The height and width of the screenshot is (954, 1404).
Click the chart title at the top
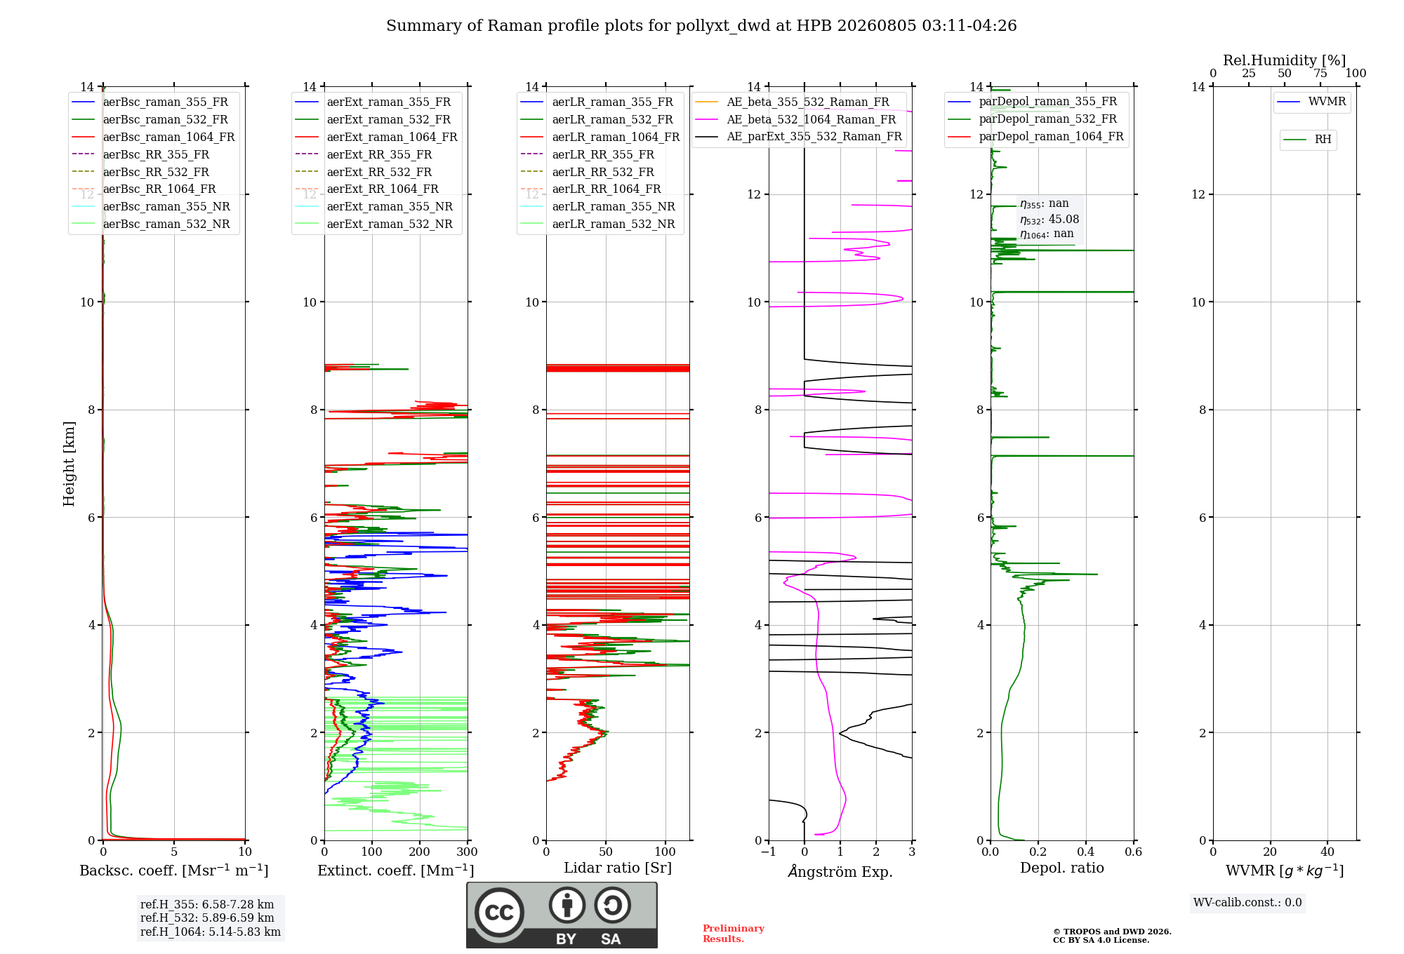click(701, 26)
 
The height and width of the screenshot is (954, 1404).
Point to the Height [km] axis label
click(69, 464)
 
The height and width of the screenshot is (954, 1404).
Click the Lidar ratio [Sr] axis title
click(618, 868)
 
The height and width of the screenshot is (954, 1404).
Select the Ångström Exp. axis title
click(840, 871)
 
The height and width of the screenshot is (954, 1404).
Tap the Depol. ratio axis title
click(1062, 868)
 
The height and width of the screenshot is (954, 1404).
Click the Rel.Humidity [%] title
click(1285, 60)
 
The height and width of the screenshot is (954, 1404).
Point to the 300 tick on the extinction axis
click(468, 852)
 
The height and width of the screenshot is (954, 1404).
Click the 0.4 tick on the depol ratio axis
click(1086, 852)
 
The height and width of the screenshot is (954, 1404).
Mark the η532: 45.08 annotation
click(1049, 220)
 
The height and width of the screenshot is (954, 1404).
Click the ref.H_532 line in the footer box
click(207, 918)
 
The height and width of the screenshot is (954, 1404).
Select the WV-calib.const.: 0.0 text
click(1247, 903)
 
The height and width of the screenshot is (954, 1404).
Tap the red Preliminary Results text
click(734, 934)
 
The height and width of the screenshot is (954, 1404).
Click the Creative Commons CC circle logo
click(499, 913)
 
